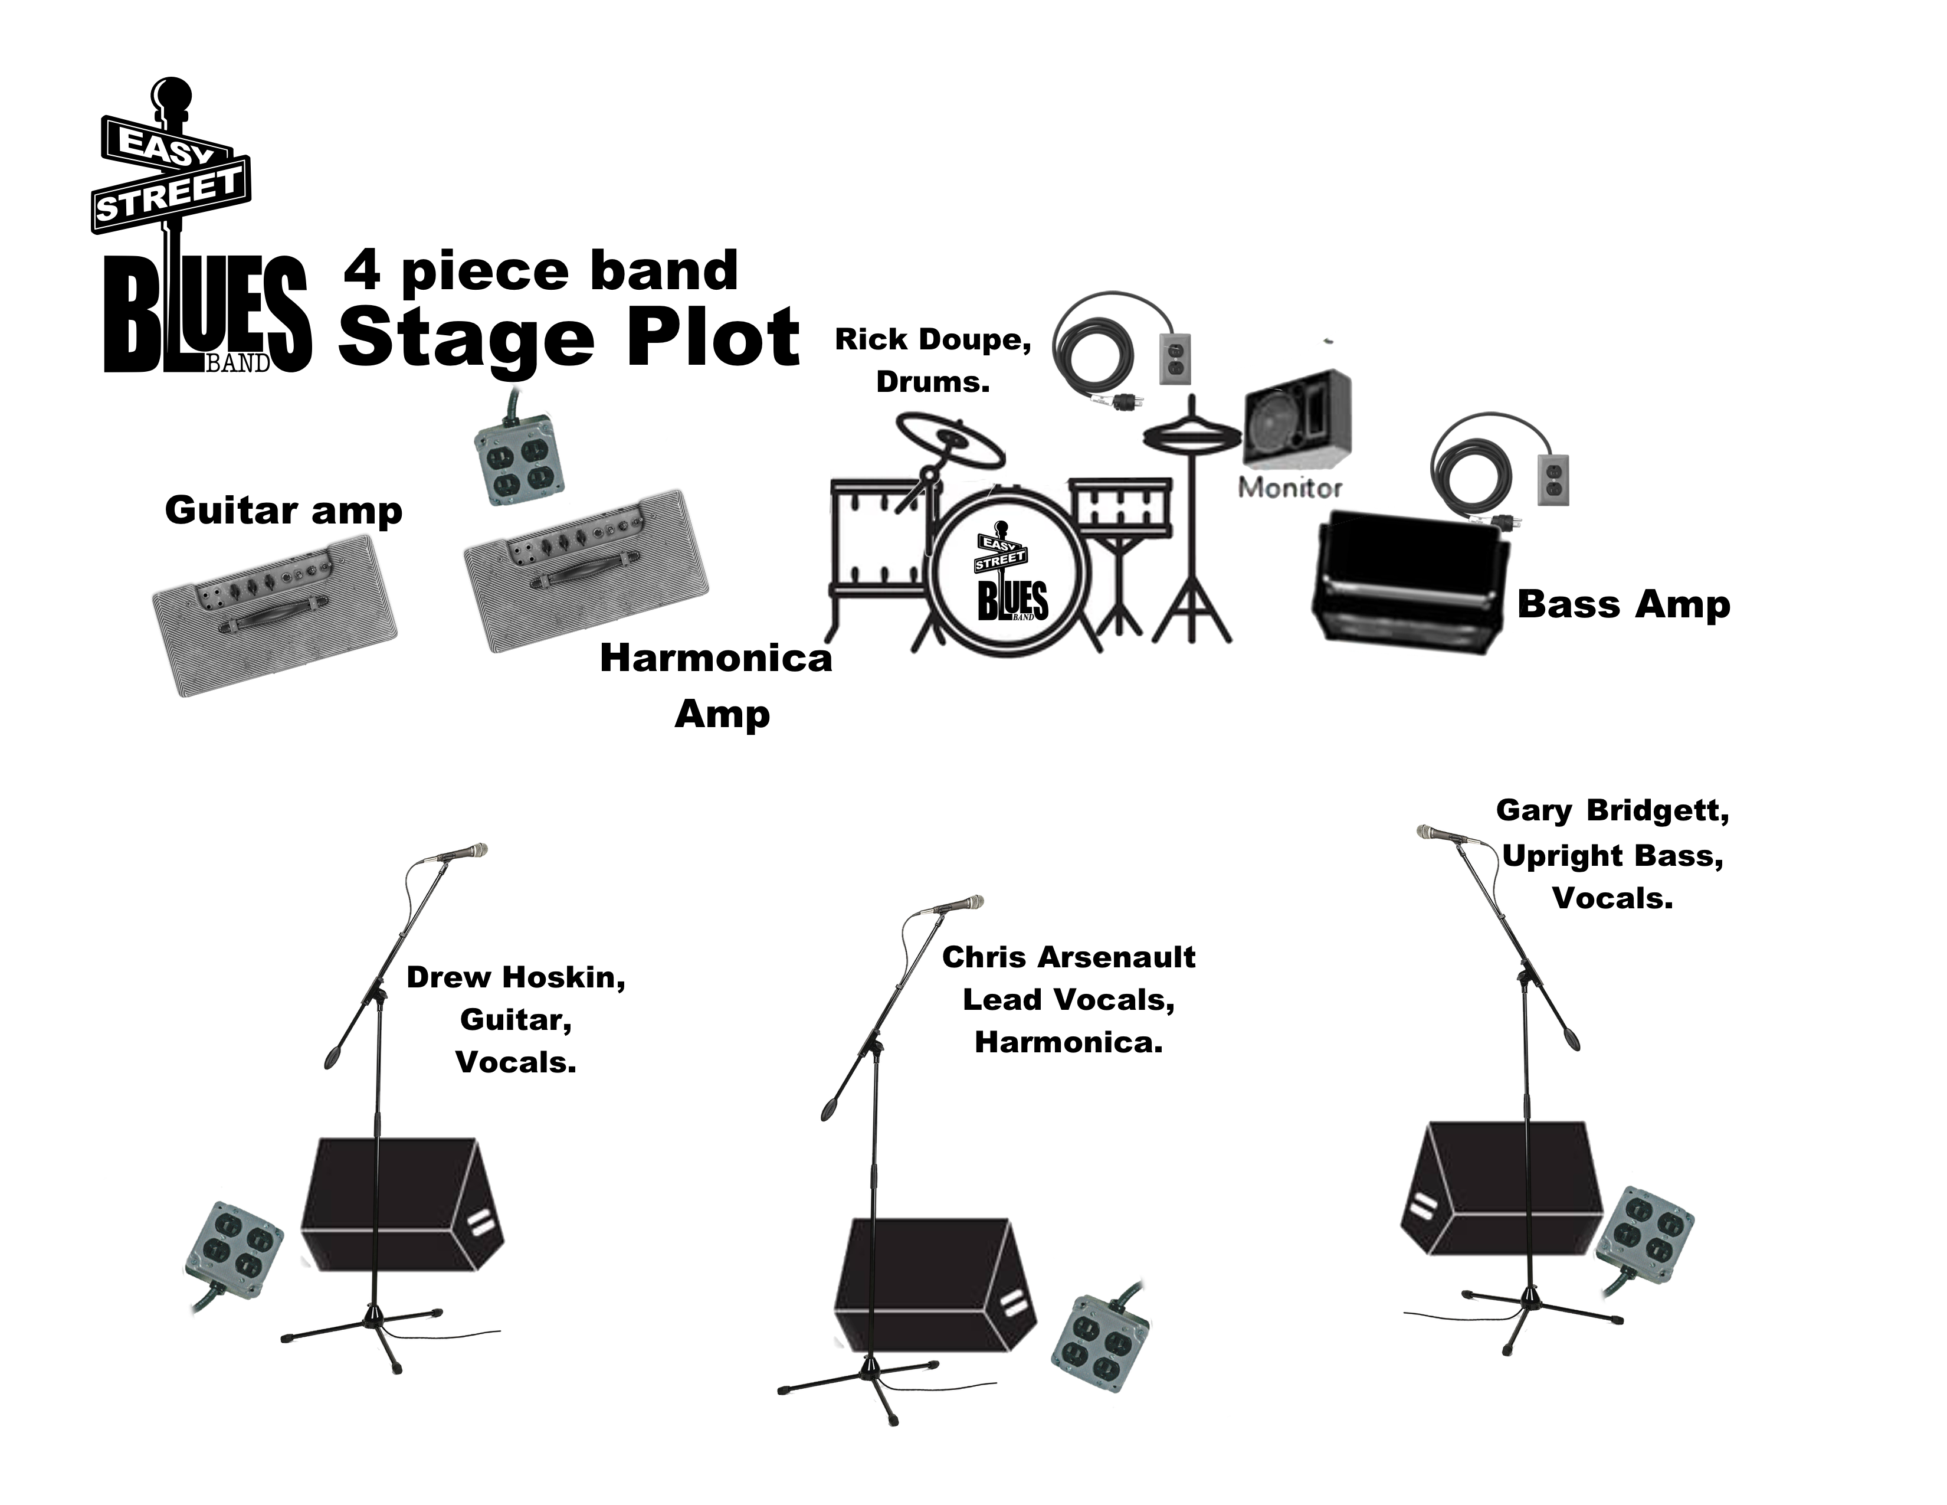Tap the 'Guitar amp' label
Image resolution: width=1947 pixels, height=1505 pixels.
pos(283,511)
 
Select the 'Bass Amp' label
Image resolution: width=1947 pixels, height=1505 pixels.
pos(1624,604)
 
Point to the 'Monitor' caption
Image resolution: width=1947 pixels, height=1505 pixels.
pos(1290,487)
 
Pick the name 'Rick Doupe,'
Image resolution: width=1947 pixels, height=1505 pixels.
pos(932,340)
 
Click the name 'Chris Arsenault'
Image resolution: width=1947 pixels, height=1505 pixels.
pos(1068,957)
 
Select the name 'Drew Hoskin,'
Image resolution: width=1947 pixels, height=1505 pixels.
pos(515,977)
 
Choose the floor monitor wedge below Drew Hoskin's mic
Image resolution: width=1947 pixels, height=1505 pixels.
pos(401,1203)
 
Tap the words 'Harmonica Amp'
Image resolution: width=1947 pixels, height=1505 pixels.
pos(717,685)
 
